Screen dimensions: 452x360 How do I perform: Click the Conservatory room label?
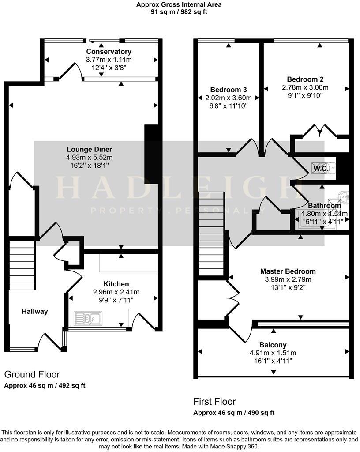[x=109, y=52]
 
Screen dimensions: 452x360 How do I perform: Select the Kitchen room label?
[x=116, y=284]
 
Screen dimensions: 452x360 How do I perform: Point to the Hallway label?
[x=35, y=311]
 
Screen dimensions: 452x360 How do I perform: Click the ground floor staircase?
[x=22, y=263]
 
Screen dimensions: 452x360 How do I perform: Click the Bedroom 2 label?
[x=305, y=79]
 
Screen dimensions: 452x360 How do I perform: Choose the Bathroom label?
[x=324, y=206]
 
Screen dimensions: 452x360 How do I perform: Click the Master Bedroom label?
[x=288, y=271]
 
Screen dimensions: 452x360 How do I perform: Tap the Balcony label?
[x=273, y=345]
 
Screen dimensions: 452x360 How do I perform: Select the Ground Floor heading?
[x=32, y=374]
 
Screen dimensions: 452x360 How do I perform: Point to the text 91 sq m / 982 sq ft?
[x=179, y=12]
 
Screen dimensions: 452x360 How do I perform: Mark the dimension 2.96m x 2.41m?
[x=116, y=292]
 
